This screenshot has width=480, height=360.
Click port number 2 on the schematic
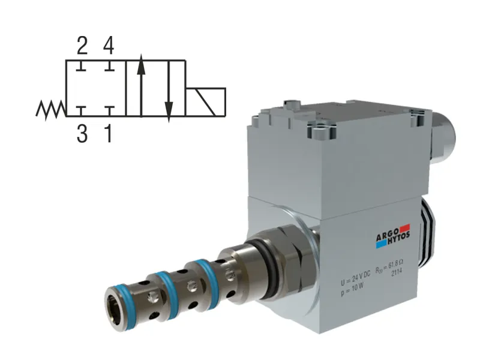[x=82, y=45]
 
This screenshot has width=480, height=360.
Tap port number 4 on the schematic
[x=108, y=45]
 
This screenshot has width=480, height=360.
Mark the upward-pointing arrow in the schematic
[x=140, y=84]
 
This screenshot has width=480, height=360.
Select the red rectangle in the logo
[x=404, y=227]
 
